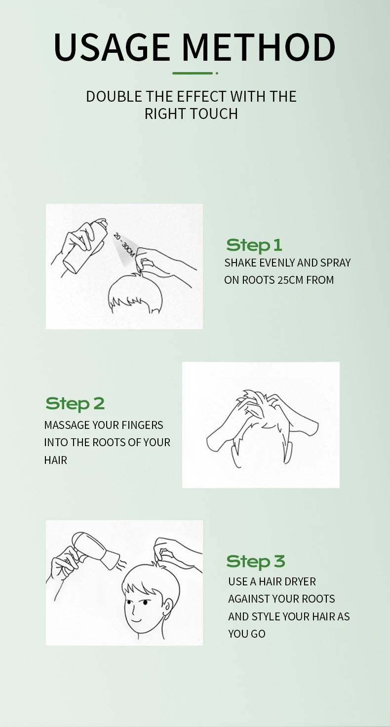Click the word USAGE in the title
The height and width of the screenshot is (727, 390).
[112, 47]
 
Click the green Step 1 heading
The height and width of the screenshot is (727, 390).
[254, 245]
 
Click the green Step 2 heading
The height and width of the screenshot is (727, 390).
[75, 403]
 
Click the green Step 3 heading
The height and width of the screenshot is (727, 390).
[256, 562]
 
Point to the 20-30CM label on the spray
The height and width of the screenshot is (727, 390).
[124, 244]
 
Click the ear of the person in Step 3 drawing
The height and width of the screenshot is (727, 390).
[168, 606]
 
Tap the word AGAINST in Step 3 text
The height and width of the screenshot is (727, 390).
[249, 599]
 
